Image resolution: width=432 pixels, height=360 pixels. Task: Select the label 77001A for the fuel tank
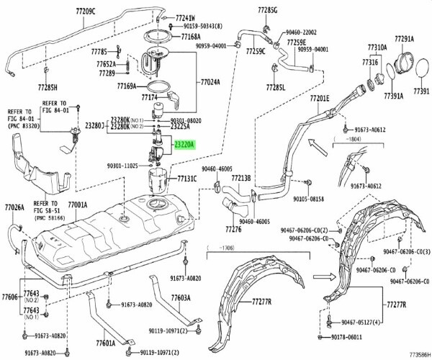click(x=81, y=204)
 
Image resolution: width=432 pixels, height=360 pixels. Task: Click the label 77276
click(x=233, y=230)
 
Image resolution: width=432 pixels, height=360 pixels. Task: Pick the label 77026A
click(x=14, y=207)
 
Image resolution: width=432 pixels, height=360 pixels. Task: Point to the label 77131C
click(x=186, y=176)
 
